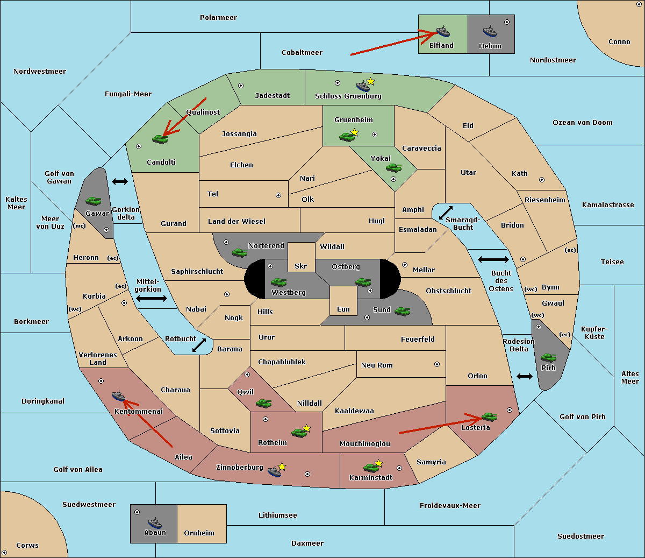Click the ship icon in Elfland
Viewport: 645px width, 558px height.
[443, 31]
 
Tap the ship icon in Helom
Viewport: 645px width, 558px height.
[489, 31]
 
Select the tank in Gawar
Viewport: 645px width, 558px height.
[94, 201]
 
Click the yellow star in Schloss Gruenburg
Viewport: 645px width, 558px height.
[370, 82]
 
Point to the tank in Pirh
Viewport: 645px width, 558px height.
[548, 358]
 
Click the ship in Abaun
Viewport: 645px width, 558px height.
[155, 522]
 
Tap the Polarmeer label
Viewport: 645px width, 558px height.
[218, 18]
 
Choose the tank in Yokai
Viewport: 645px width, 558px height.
[394, 168]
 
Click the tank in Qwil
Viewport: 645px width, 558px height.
[263, 403]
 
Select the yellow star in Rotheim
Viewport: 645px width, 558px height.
[306, 428]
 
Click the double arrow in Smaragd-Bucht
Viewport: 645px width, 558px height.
[446, 213]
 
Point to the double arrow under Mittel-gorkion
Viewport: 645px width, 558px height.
[152, 299]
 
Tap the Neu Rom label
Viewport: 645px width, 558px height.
[377, 365]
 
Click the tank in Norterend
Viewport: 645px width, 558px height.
[240, 252]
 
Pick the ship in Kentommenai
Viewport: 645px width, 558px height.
[118, 396]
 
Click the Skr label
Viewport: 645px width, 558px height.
[301, 266]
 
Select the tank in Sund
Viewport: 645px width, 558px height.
[403, 311]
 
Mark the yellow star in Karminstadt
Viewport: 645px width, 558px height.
[378, 463]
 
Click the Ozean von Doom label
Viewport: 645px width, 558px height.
[583, 123]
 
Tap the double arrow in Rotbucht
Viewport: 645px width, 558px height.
[199, 345]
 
